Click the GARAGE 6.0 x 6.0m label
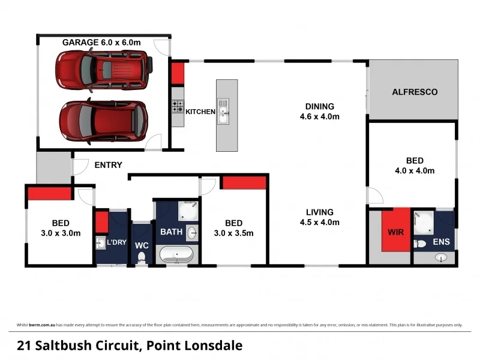pyautogui.click(x=101, y=43)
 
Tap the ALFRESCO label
pyautogui.click(x=415, y=92)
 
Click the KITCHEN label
pyautogui.click(x=200, y=112)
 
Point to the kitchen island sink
pyautogui.click(x=223, y=112)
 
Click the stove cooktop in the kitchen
pyautogui.click(x=178, y=107)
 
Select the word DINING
pyautogui.click(x=320, y=106)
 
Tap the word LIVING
pyautogui.click(x=320, y=212)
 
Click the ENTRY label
pyautogui.click(x=108, y=165)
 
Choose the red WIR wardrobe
pyautogui.click(x=395, y=230)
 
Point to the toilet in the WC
pyautogui.click(x=142, y=257)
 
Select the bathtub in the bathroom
pyautogui.click(x=176, y=254)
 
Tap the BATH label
pyautogui.click(x=171, y=231)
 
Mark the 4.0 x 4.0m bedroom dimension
pyautogui.click(x=415, y=170)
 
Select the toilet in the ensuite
pyautogui.click(x=421, y=244)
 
